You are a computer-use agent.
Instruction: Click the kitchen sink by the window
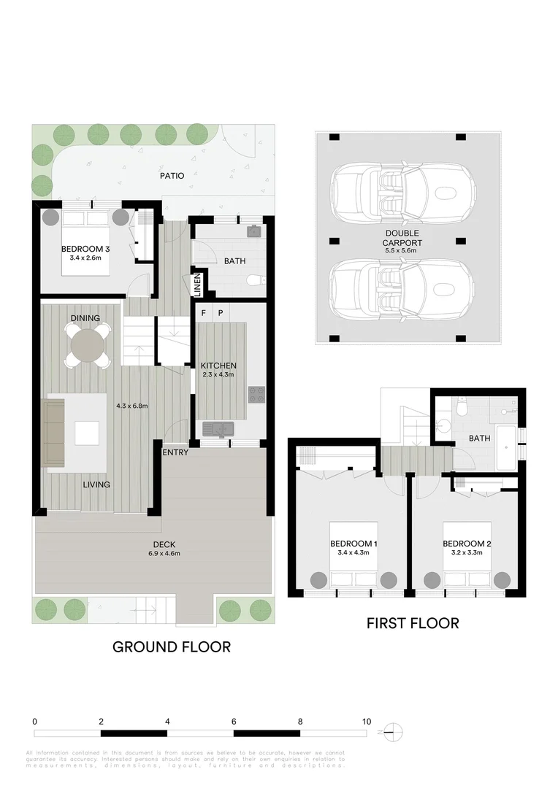tap(216, 428)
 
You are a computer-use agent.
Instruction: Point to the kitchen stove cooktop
tap(256, 395)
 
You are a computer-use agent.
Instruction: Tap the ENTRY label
tap(175, 452)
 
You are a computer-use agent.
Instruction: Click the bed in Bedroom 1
tap(353, 555)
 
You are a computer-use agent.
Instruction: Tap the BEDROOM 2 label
tap(466, 544)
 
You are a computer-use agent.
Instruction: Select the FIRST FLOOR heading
tap(413, 623)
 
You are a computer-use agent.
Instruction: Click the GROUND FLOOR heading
tap(171, 646)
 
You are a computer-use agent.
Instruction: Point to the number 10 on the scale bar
tap(366, 721)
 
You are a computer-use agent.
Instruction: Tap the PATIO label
tap(172, 176)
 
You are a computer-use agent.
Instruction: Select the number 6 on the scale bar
tap(234, 721)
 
